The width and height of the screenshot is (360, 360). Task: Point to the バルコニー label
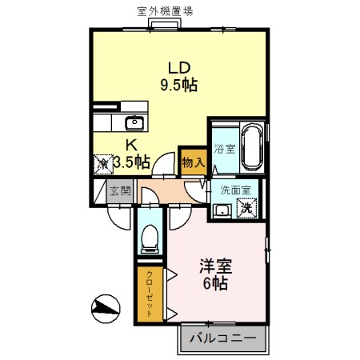tap(222, 339)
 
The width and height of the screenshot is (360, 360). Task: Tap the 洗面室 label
tap(236, 190)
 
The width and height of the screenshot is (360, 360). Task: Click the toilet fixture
tap(149, 237)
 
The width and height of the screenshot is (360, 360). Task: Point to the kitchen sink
tap(134, 123)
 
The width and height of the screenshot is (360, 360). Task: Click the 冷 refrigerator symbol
tap(104, 163)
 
